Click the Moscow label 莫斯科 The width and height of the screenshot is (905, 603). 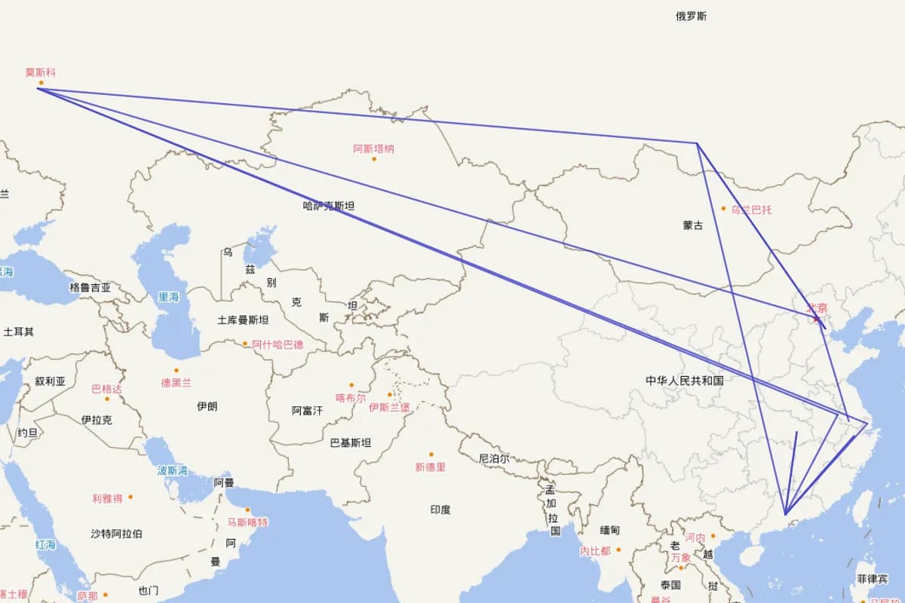coord(40,73)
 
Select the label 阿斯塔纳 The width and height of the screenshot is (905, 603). coord(373,148)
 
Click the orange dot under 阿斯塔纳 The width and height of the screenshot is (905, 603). coord(374,158)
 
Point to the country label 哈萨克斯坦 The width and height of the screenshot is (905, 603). coord(329,205)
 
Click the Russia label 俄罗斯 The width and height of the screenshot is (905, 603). coord(691,16)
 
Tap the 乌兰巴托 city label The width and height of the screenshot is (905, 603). coord(751,209)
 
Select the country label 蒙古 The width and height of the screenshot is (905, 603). coord(693,225)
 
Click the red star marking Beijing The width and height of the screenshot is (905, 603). coord(815,319)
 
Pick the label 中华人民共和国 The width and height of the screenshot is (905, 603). coord(684,381)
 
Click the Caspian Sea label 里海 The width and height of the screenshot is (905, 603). coord(168,297)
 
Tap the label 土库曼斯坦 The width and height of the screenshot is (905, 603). coord(243,320)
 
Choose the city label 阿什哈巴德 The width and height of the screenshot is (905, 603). coord(278,344)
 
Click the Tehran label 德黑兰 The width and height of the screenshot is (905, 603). coord(176,383)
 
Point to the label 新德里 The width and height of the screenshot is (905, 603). coord(430,467)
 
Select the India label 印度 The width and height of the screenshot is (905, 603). coord(440,510)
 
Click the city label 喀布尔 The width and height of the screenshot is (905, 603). coord(351,397)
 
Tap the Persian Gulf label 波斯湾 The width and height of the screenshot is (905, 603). coord(172,470)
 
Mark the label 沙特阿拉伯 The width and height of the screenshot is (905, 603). coord(116,534)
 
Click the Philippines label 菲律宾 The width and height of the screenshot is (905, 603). coord(872,579)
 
